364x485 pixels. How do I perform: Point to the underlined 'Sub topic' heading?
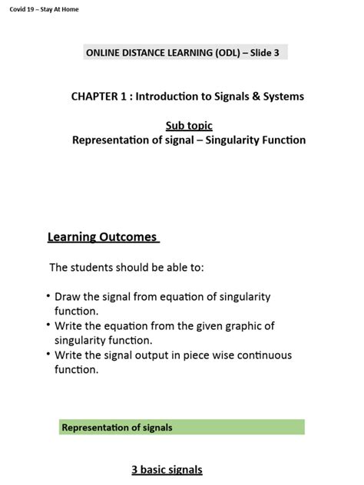pos(189,125)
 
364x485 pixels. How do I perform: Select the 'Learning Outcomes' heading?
pos(103,237)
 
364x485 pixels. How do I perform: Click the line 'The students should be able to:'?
pos(127,268)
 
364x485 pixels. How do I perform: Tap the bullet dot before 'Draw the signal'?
pos(48,296)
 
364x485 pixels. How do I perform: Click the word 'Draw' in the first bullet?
pos(68,297)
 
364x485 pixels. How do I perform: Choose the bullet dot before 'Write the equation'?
pos(48,325)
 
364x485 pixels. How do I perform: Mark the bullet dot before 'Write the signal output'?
pos(48,355)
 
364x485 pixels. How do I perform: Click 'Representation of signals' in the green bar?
pos(117,427)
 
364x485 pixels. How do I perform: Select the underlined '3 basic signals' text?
pos(167,470)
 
